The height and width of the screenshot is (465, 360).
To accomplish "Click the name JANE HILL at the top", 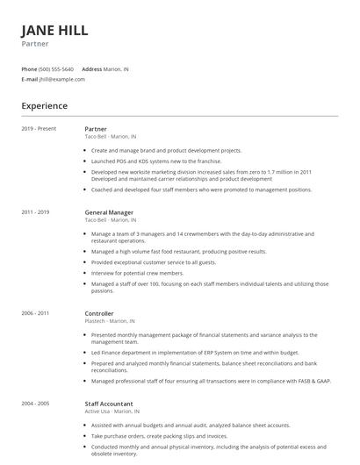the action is click(54, 30).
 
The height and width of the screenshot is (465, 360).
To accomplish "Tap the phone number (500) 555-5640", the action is click(57, 68).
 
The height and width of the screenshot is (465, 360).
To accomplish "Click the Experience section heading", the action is click(44, 105).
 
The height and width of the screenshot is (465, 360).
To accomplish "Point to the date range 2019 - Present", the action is click(38, 128).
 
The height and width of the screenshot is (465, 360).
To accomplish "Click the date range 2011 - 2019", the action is click(35, 211).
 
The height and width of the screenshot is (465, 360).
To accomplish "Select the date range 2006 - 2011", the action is click(35, 312).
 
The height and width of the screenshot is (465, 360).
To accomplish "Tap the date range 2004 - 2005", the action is click(35, 403).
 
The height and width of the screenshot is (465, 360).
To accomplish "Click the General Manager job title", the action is click(110, 211).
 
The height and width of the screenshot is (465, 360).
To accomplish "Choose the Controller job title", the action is click(99, 312).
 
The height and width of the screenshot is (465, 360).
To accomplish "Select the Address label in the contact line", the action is click(91, 68).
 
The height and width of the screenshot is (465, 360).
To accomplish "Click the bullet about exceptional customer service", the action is click(153, 262).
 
